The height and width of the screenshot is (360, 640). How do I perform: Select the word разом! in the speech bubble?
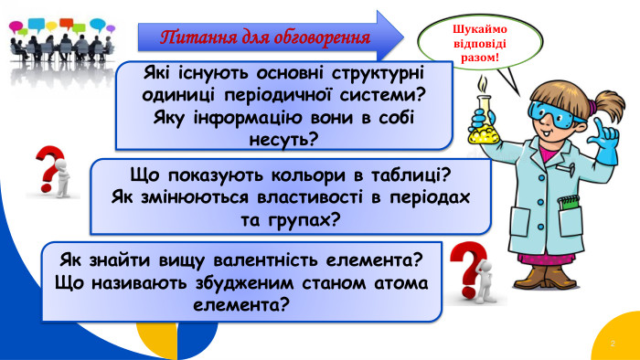pyautogui.click(x=478, y=58)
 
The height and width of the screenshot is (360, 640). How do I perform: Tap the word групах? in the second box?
pyautogui.click(x=308, y=218)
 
